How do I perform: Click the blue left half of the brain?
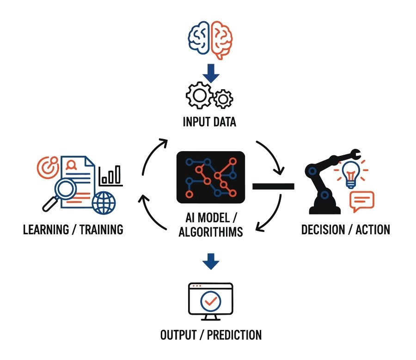click(x=199, y=39)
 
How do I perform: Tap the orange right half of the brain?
click(x=221, y=39)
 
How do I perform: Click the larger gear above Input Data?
click(x=200, y=95)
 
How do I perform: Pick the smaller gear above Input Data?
click(x=224, y=98)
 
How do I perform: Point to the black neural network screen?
click(x=211, y=177)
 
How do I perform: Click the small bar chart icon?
click(x=111, y=175)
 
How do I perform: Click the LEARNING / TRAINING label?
click(x=73, y=229)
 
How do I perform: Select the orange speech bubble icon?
click(x=362, y=201)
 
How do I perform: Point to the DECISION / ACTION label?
click(x=345, y=229)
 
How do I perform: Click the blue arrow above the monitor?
click(x=211, y=261)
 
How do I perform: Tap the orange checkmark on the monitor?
click(x=211, y=301)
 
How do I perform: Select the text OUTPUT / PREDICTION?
click(x=211, y=335)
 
